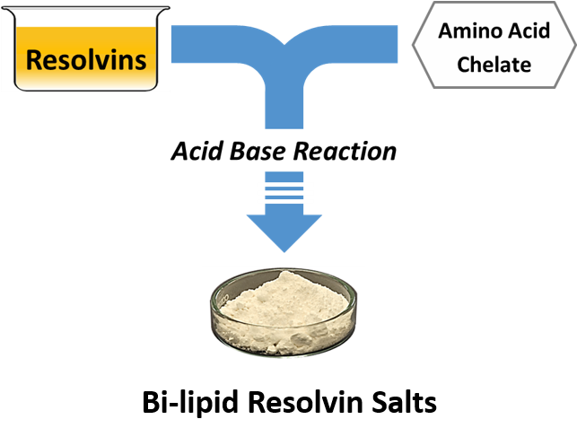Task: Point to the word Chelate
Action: pos(494,64)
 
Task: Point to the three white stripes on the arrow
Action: pos(284,190)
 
